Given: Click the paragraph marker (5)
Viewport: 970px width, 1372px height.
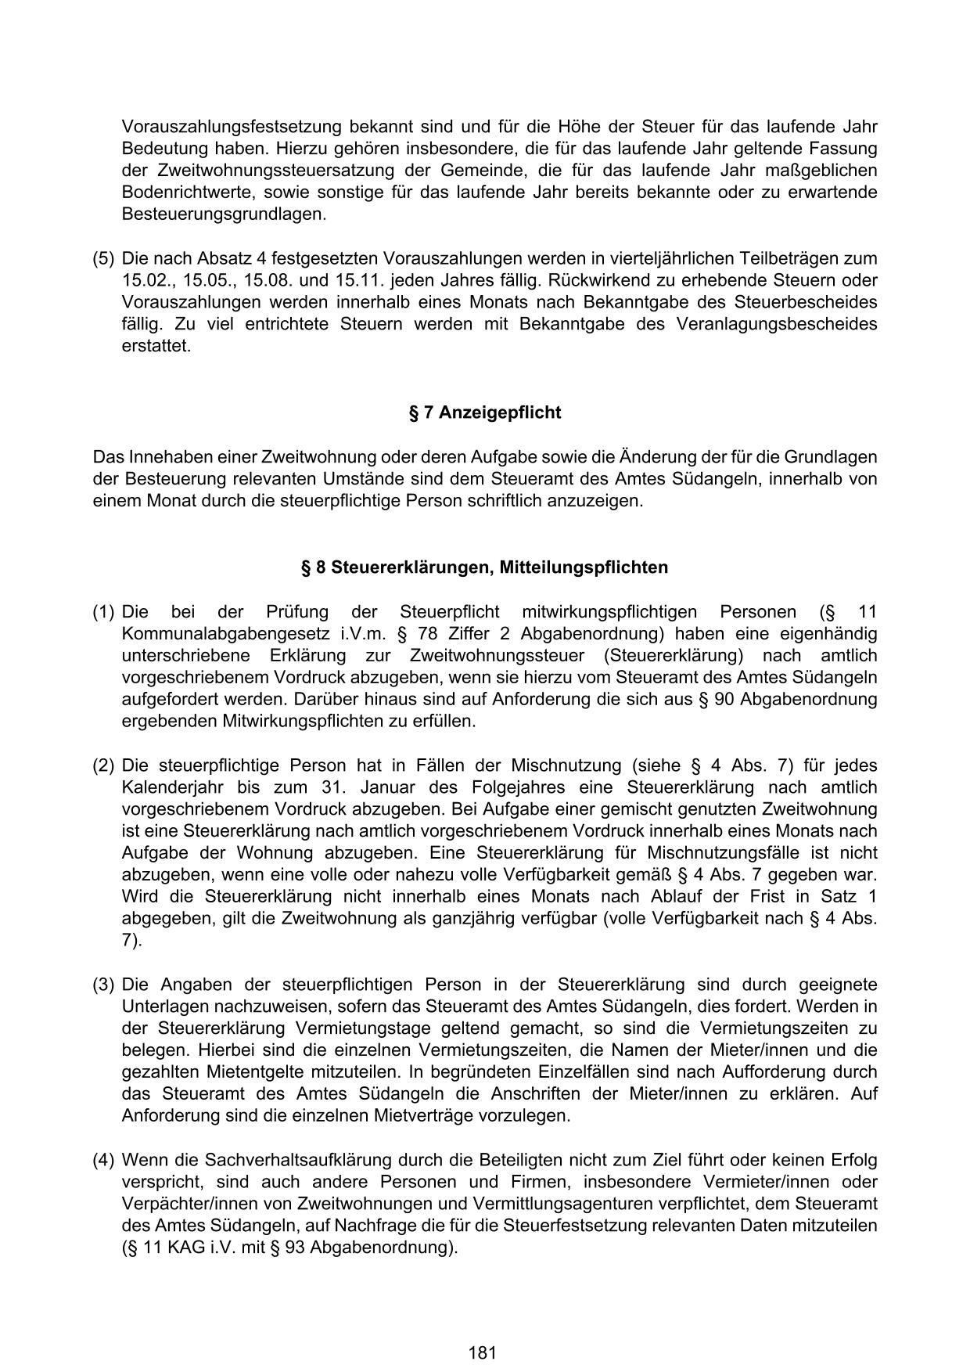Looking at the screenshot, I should [x=103, y=258].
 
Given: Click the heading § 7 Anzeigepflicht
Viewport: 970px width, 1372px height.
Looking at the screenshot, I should [x=484, y=412].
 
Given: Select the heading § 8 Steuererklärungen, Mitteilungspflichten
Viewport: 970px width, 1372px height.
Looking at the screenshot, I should [x=484, y=567].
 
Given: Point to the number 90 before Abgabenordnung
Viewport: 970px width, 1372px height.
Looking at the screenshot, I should [x=721, y=700].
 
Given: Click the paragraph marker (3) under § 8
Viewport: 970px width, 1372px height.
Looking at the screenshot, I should [x=103, y=985].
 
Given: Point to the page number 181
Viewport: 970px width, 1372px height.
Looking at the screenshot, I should [x=483, y=1331].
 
